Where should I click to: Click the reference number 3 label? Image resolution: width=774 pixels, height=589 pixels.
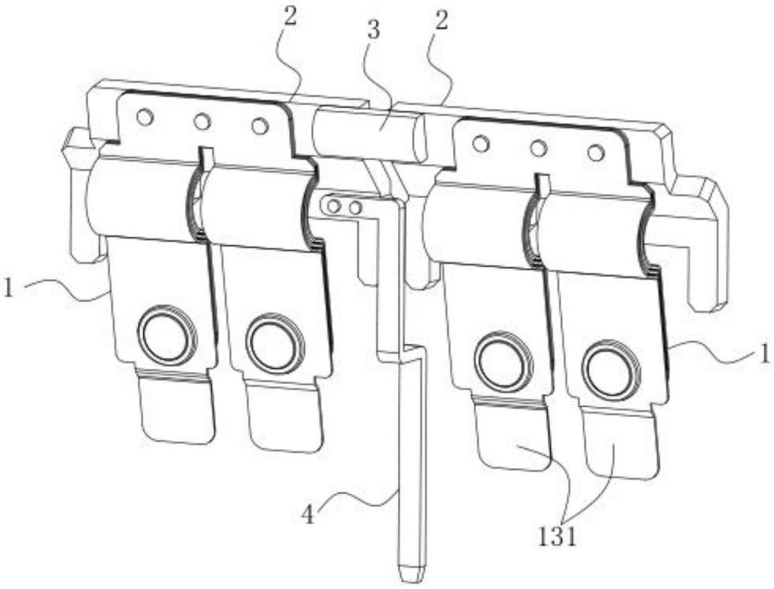click(x=373, y=30)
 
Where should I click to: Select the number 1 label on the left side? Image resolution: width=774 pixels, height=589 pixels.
click(x=9, y=287)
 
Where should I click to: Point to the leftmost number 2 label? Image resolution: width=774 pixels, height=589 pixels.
click(x=290, y=18)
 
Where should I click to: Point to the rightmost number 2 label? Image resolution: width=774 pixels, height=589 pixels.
click(x=441, y=20)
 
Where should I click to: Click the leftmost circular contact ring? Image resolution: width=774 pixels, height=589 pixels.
click(x=167, y=335)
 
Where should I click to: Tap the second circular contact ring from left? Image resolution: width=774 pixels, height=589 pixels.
click(x=272, y=341)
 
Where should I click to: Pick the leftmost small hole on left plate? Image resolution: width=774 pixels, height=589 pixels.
click(x=146, y=118)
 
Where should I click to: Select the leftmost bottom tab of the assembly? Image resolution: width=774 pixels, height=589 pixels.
click(x=176, y=407)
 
